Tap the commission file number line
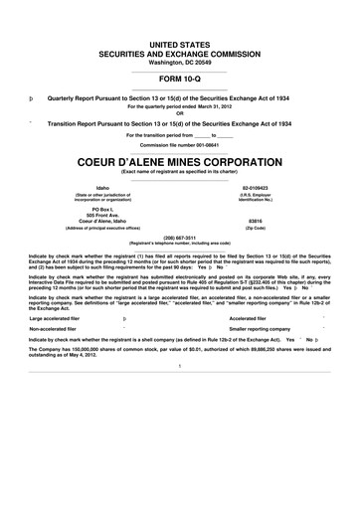(x=180, y=145)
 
